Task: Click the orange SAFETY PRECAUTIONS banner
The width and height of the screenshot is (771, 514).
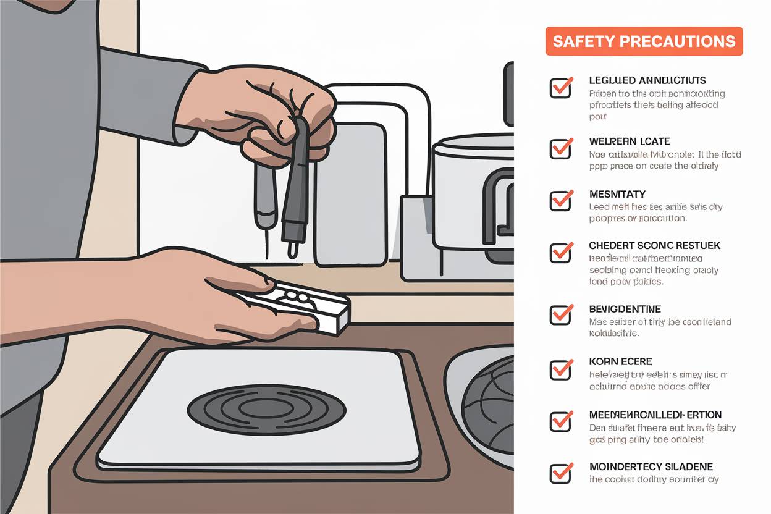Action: [x=644, y=41]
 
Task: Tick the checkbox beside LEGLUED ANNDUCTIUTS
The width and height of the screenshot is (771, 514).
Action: [x=560, y=88]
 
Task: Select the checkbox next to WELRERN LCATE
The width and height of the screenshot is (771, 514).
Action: [x=560, y=149]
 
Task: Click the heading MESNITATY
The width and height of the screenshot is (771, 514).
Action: [x=618, y=194]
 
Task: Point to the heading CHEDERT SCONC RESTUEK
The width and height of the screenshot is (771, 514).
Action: [x=654, y=245]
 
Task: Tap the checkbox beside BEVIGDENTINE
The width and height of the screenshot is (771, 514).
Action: [x=560, y=314]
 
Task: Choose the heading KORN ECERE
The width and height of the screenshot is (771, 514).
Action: [x=621, y=361]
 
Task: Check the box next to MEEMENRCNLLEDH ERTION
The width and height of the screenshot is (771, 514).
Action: [x=560, y=421]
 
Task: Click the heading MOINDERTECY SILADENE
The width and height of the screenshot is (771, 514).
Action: [x=651, y=466]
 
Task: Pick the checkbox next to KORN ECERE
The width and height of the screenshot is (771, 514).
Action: [x=560, y=369]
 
